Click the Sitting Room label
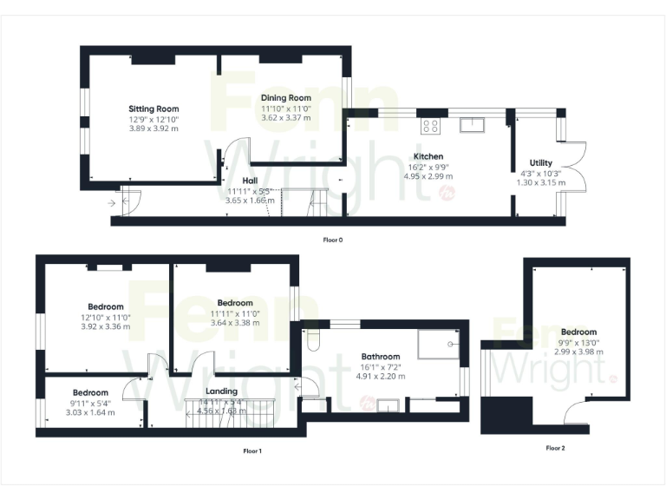tap(153, 109)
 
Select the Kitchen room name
tap(428, 156)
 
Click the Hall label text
tap(251, 180)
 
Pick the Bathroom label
tap(381, 356)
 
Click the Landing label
tap(221, 391)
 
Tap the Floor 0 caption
tap(333, 238)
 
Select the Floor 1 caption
tap(252, 451)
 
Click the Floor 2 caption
tap(555, 448)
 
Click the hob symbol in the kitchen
tap(430, 126)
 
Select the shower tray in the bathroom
tap(438, 346)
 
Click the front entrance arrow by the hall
tap(114, 203)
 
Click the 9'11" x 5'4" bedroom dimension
tap(90, 403)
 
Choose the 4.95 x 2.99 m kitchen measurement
tap(428, 176)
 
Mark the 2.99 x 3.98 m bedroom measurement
tap(578, 352)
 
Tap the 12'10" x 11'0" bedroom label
tap(105, 317)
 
